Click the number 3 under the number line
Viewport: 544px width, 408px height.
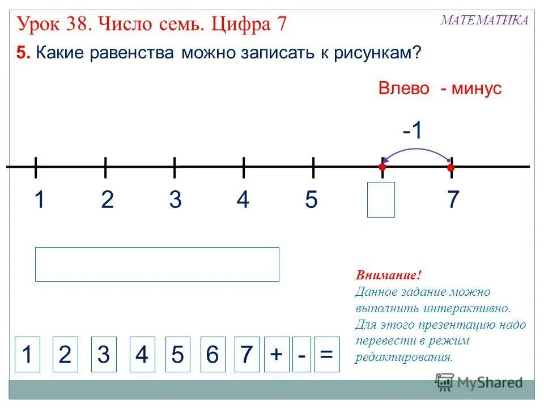175,200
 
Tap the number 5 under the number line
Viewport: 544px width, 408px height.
311,200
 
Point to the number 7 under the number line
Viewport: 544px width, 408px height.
452,200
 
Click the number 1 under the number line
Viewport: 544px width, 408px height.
39,200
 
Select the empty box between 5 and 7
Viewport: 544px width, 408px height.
381,199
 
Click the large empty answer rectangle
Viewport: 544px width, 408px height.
157,264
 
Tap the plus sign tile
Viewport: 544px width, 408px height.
276,355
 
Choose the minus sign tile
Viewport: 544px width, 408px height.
302,355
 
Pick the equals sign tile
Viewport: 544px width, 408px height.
326,355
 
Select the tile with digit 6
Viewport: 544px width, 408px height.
212,355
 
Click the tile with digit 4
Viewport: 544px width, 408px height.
142,355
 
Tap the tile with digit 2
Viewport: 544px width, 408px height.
65,355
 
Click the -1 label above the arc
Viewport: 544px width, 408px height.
413,131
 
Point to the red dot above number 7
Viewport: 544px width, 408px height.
451,168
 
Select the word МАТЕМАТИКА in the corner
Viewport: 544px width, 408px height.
484,20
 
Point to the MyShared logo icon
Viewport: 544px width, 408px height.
445,382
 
